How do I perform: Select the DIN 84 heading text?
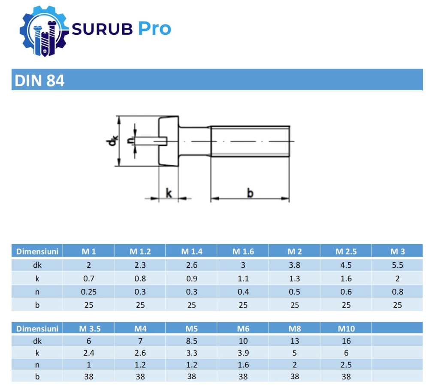(39, 80)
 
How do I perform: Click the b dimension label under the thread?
(250, 193)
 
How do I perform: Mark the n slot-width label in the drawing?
(129, 140)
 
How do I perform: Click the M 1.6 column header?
(243, 251)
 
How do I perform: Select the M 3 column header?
(397, 251)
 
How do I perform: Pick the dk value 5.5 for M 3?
(397, 265)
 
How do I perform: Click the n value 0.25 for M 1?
(89, 292)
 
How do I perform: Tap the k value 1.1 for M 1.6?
(243, 278)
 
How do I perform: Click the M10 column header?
(347, 329)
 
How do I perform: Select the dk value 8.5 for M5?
(192, 341)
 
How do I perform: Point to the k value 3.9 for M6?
(243, 353)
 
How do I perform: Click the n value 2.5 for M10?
(347, 365)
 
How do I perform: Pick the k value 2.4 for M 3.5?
(89, 353)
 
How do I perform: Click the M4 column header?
(140, 329)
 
